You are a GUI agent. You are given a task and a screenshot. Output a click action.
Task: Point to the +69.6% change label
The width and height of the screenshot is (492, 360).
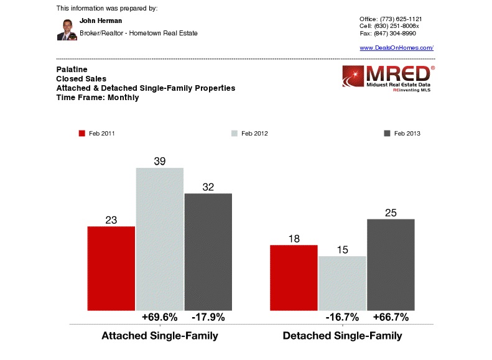(160, 317)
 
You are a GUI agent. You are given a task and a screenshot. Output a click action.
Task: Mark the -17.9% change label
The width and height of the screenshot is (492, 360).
(208, 317)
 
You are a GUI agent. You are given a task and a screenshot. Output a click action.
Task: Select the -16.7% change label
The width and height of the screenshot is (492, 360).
(342, 317)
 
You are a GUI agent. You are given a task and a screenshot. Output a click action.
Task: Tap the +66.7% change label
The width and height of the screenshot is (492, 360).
(391, 317)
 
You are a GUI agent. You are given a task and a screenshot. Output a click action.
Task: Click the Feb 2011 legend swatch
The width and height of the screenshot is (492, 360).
(81, 134)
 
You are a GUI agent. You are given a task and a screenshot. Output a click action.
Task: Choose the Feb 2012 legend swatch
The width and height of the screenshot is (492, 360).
(234, 134)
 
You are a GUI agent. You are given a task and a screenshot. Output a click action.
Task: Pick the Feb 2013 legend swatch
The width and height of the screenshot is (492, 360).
(387, 134)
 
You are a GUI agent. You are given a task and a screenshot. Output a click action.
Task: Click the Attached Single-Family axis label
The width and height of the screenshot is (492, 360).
(160, 336)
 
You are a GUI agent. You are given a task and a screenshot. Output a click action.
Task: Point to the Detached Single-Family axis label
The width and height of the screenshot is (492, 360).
(342, 336)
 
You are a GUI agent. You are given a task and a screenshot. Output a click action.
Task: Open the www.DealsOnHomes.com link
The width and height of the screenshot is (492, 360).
(396, 48)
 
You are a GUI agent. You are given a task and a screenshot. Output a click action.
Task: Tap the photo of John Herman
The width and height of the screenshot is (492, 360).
(67, 29)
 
